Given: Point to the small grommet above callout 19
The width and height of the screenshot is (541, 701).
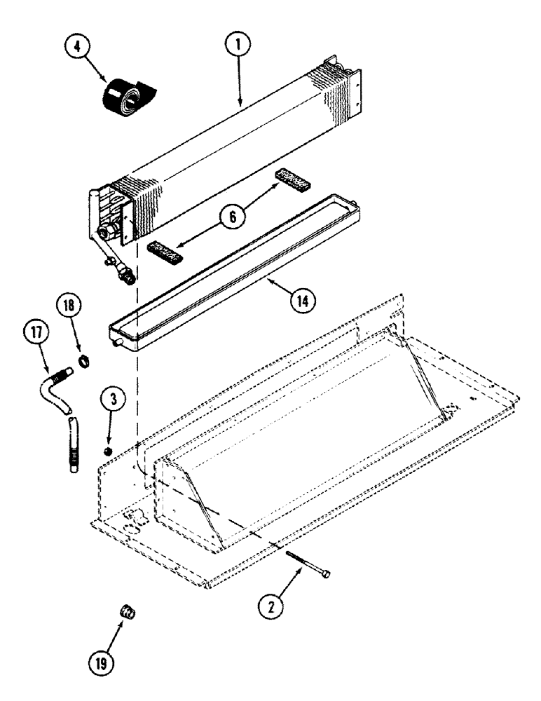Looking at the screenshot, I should click(129, 614).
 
